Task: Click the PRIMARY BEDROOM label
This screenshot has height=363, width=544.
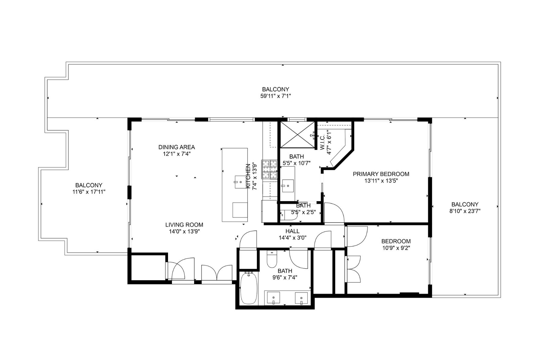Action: coord(381,174)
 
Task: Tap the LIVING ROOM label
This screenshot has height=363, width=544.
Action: coord(184,225)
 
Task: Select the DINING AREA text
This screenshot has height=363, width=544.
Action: coord(176,147)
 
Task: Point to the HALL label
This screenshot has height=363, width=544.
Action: coord(293,231)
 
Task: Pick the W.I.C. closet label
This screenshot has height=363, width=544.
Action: coord(322,142)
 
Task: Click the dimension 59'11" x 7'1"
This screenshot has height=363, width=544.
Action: coord(275,96)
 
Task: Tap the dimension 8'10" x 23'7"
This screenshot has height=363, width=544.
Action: coord(465,211)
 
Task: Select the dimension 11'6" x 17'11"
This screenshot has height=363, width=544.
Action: coord(89,192)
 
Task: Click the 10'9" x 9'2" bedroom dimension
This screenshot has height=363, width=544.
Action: coord(396,248)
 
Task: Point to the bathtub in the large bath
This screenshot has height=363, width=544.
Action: coord(249,288)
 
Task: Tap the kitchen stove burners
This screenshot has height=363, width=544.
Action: coord(269,169)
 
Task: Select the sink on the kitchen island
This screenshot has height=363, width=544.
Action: coord(241,182)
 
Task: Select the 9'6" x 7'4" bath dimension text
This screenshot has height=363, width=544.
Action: coord(283,277)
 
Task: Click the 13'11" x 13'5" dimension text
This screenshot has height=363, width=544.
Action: coord(381,181)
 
